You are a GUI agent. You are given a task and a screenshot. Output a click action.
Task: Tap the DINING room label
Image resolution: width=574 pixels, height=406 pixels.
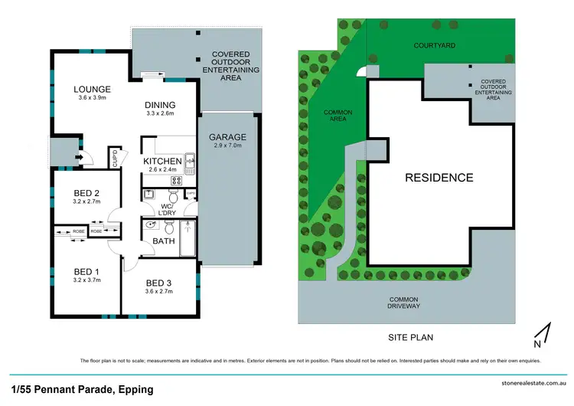160,105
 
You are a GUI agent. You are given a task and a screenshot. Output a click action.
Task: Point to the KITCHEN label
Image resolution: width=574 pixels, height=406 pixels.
162,161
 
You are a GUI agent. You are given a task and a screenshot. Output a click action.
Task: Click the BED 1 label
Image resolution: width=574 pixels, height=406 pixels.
86,270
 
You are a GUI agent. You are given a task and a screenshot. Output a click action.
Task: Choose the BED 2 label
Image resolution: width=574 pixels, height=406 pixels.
86,194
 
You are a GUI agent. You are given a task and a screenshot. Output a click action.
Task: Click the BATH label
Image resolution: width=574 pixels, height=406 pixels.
164,241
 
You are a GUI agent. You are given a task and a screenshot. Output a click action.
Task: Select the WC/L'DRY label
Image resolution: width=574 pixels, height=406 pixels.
168,208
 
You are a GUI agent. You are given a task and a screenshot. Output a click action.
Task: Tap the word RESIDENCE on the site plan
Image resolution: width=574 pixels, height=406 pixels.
439,178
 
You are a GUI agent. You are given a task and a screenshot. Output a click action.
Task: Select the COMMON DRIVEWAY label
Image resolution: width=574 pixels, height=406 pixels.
404,302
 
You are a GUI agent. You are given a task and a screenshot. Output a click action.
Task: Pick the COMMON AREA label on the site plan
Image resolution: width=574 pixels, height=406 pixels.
338,116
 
